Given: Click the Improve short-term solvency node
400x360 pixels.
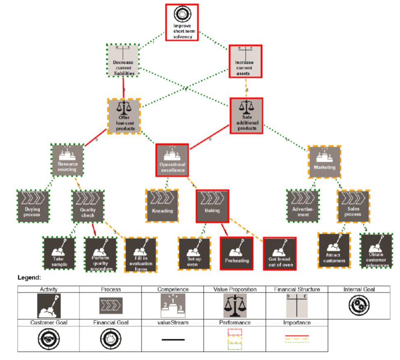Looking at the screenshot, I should click(182, 22).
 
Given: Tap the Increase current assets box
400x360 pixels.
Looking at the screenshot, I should click(246, 61).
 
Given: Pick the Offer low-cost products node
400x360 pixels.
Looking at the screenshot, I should click(124, 116).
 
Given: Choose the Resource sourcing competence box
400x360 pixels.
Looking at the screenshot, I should click(67, 160).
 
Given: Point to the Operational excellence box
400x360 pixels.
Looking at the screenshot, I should click(172, 160).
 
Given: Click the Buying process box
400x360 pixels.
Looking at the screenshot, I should click(33, 206).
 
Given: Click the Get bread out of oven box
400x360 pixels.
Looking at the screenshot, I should click(280, 253).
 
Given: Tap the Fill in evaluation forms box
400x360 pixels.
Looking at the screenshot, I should click(141, 255).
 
